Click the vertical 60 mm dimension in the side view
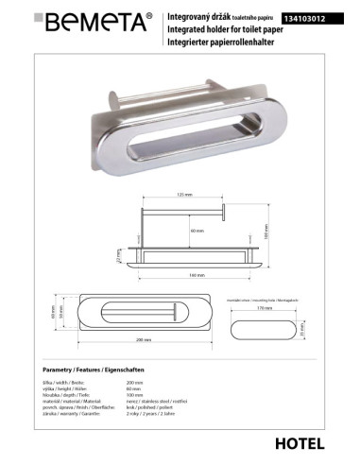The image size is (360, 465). click(x=196, y=230)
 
